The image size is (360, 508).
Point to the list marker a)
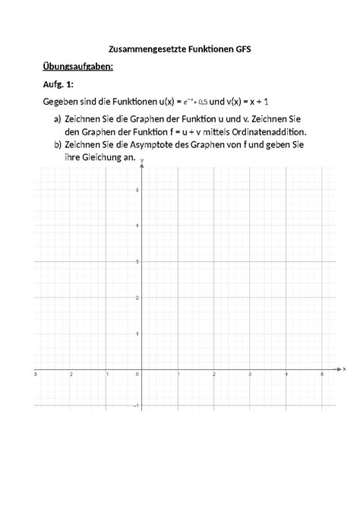[x=58, y=119]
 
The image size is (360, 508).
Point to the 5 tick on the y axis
[x=137, y=190]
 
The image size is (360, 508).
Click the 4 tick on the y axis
[x=137, y=226]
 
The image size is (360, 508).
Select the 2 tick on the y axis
[x=137, y=298]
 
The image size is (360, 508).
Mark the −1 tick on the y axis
[x=136, y=406]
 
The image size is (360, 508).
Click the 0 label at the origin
[x=137, y=375]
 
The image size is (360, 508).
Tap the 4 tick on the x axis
[x=286, y=375]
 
